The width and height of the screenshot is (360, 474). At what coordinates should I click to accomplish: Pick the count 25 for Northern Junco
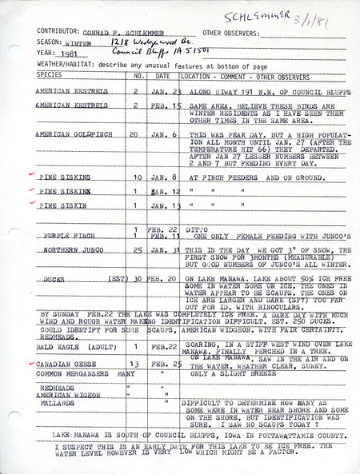pyautogui.click(x=137, y=251)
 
